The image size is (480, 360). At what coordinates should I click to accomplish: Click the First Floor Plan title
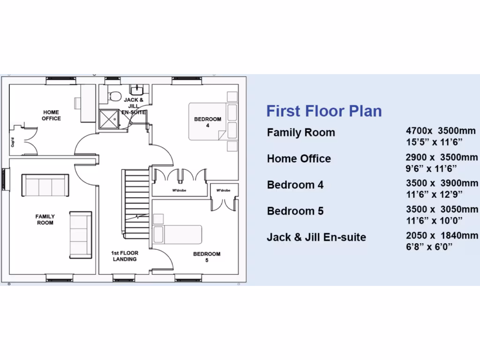[x=324, y=111]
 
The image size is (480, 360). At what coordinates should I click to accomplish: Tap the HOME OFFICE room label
[x=51, y=115]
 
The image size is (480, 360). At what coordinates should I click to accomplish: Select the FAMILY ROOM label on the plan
[x=45, y=219]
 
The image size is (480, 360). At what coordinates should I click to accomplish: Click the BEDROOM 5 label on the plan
[x=207, y=257]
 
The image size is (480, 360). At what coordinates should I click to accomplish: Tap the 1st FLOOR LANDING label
[x=125, y=256]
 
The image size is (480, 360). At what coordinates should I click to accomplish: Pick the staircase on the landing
[x=136, y=202]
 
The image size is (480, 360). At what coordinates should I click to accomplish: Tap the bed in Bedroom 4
[x=206, y=121]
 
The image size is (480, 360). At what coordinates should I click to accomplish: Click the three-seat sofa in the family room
[x=45, y=186]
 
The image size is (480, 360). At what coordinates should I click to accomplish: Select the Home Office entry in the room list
[x=299, y=158]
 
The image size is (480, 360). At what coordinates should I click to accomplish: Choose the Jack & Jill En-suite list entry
[x=316, y=237]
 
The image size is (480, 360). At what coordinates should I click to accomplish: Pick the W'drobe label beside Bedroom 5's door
[x=224, y=190]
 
